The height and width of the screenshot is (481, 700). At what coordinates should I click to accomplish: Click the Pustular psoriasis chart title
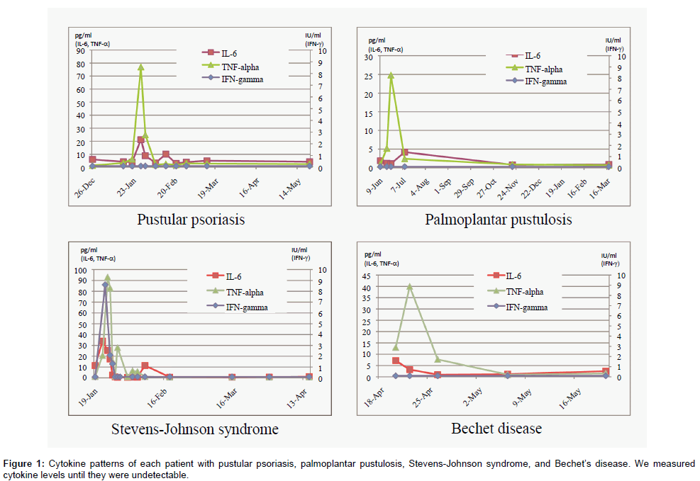[x=191, y=220]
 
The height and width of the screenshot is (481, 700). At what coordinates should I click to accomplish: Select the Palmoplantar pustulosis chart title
[x=498, y=220]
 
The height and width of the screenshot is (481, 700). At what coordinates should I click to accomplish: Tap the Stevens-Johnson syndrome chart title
[x=194, y=429]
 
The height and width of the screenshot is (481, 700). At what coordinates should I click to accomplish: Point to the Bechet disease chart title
[x=496, y=429]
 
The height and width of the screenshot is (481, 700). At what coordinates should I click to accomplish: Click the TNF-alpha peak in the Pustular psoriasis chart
[x=140, y=67]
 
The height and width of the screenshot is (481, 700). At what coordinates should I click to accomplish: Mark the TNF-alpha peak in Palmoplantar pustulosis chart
[x=391, y=74]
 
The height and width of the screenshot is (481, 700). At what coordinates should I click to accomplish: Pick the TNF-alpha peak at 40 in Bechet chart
[x=410, y=287]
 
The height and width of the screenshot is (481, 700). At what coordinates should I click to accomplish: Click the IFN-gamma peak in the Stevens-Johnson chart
[x=105, y=285]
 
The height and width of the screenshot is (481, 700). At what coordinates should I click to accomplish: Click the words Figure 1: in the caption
[x=23, y=463]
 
